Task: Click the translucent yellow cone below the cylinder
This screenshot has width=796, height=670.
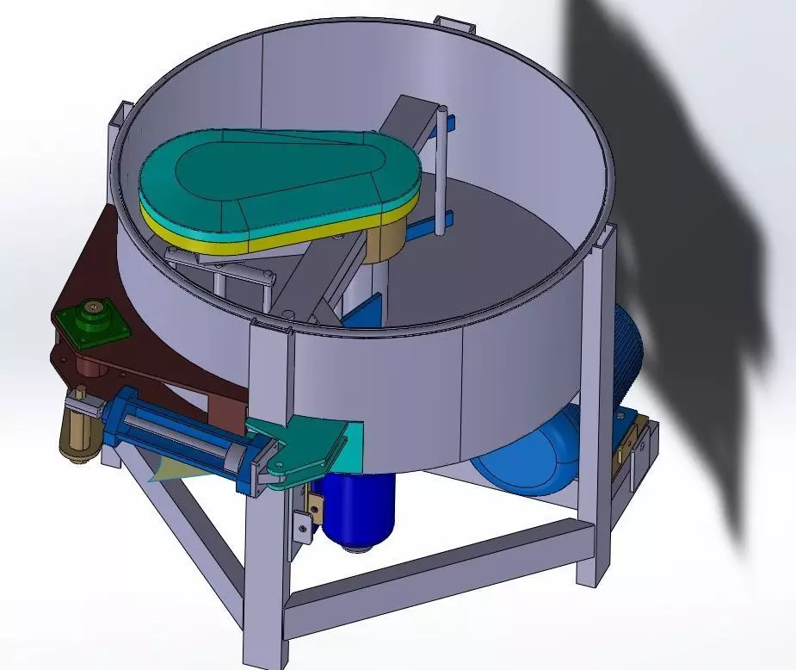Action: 164,466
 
